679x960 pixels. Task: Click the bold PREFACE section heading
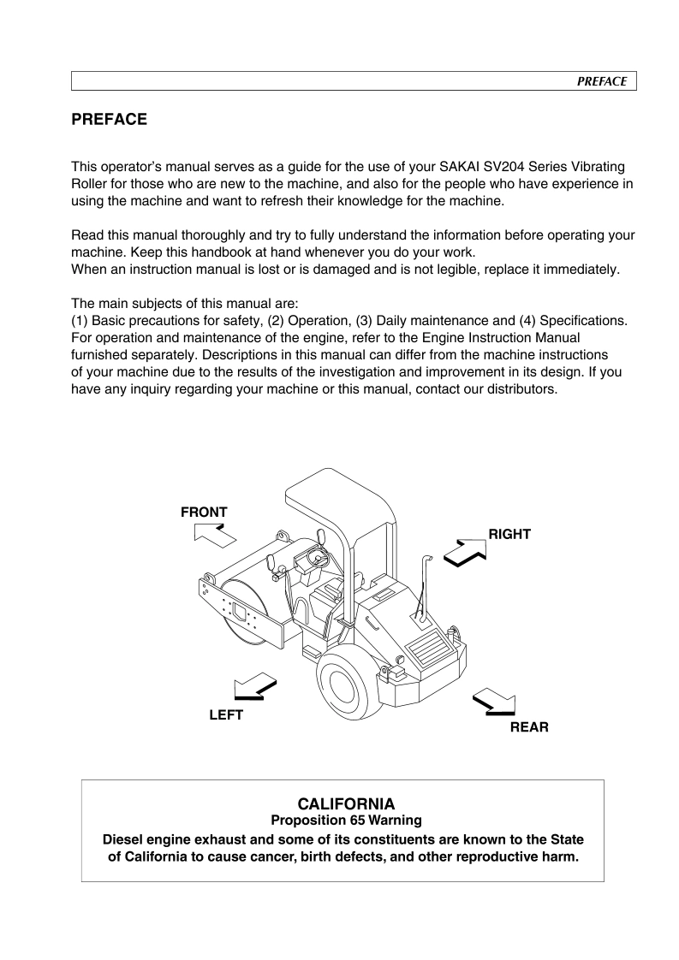tap(109, 120)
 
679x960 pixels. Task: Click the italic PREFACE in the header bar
tap(601, 81)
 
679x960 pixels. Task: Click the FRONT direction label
tap(204, 513)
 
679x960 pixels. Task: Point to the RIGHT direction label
tap(509, 534)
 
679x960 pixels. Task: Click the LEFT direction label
tap(226, 715)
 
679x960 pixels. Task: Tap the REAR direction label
tap(529, 727)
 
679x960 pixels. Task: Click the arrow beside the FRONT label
tap(214, 536)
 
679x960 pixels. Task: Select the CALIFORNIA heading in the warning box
tap(345, 804)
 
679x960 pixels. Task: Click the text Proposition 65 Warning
tap(345, 821)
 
